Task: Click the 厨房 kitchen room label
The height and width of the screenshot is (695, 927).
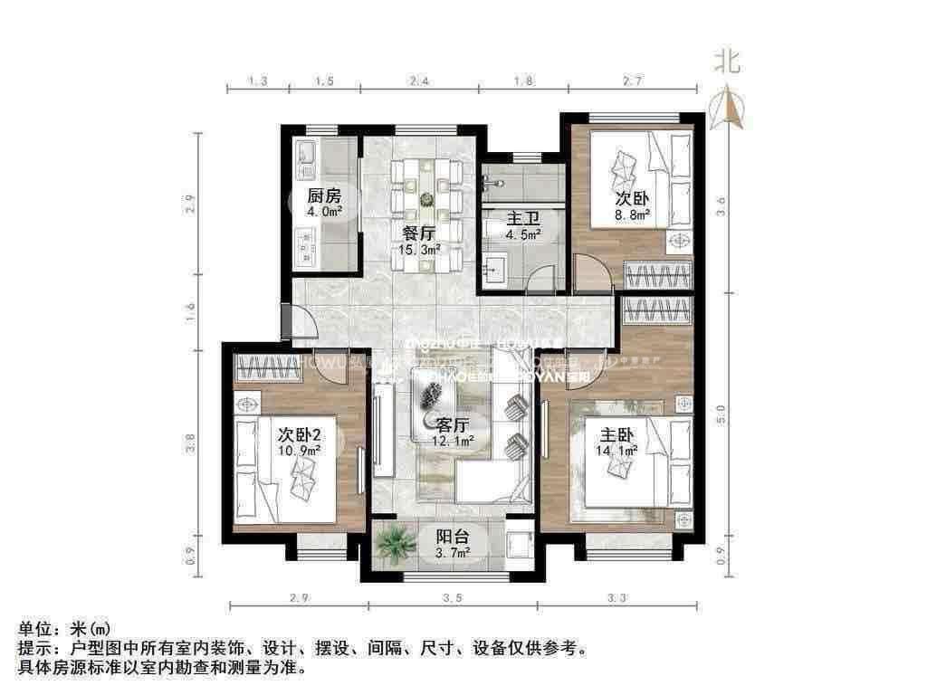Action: point(323,195)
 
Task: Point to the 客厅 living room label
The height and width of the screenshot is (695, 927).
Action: point(452,424)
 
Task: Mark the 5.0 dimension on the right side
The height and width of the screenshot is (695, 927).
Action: point(721,414)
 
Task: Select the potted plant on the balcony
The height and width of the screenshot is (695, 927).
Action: point(394,543)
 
